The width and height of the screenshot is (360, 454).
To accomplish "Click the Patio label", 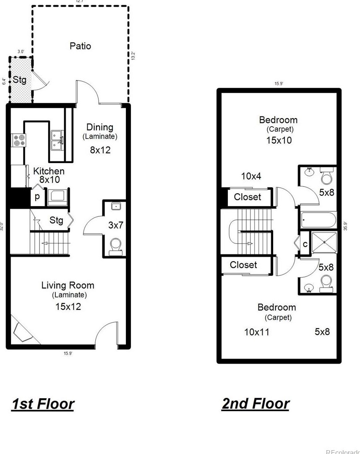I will coord(80,46).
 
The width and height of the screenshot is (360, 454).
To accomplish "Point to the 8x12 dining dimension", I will coord(100,150).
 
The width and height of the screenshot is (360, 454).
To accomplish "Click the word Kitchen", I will coord(49,171).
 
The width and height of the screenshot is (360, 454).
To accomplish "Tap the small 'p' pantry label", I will coord(37,197).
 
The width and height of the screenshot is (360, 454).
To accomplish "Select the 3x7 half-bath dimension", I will coord(116,225).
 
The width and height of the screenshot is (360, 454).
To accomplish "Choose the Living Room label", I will coord(68,285).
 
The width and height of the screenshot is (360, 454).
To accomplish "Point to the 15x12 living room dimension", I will coord(68,306).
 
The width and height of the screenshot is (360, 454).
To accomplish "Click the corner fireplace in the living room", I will coord(23,331).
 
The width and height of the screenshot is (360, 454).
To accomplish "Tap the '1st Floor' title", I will coord(43,404).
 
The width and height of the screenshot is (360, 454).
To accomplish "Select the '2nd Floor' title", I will coord(255,403).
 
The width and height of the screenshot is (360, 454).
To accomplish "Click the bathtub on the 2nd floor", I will coord(318,220).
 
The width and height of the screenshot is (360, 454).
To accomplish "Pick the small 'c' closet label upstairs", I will coord(305,244).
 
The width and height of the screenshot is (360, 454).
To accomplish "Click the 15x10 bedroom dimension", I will coord(279,140).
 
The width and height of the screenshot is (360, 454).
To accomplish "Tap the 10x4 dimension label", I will coord(251,176).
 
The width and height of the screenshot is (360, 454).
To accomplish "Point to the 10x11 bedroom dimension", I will coord(257,332).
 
